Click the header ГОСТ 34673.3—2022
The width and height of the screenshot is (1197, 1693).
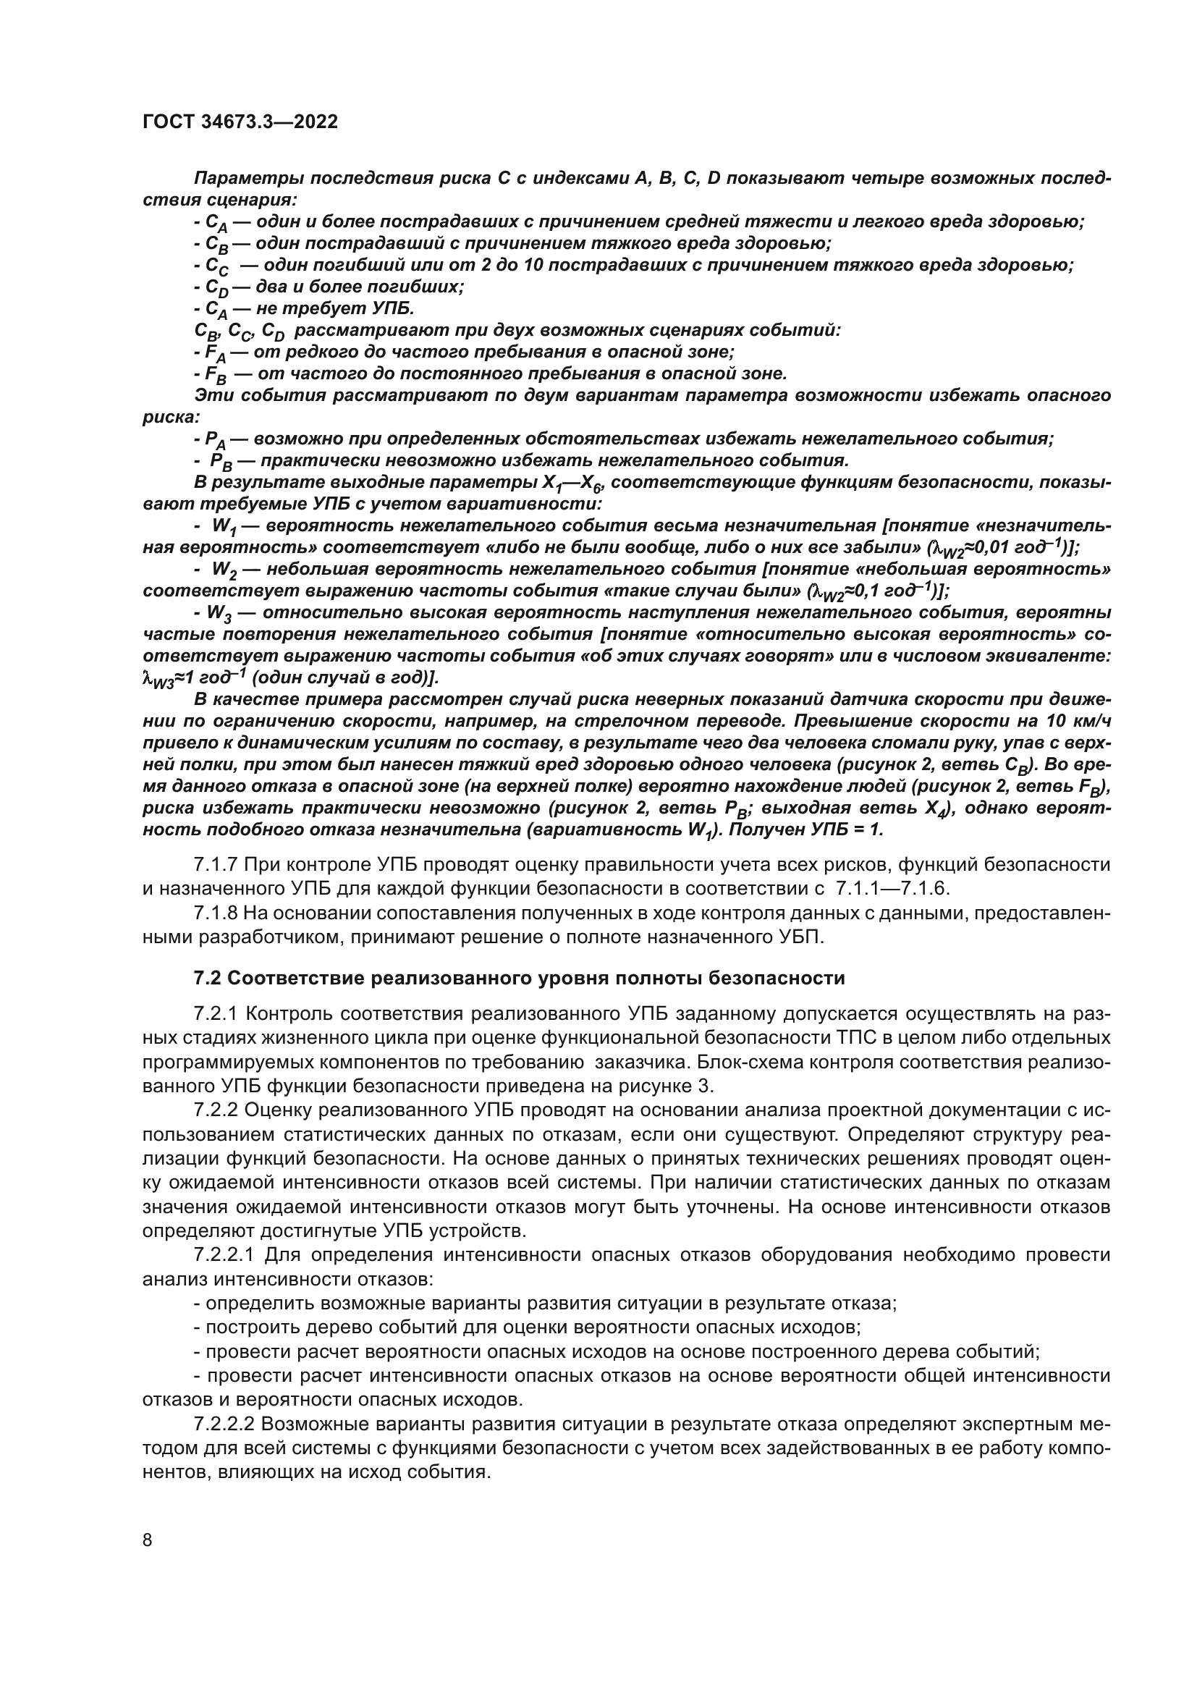[x=240, y=122]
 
